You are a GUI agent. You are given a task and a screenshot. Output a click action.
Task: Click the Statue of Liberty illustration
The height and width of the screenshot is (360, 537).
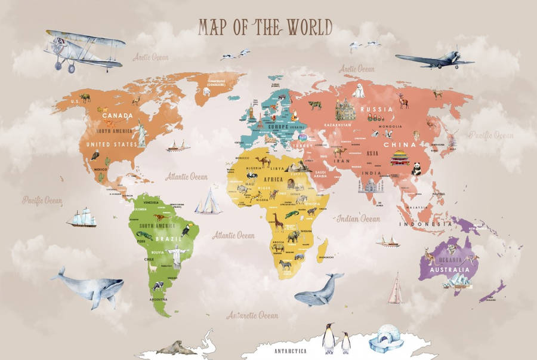[x=141, y=134]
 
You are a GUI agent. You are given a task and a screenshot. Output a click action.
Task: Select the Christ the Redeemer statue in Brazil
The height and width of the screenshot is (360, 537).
[x=177, y=256]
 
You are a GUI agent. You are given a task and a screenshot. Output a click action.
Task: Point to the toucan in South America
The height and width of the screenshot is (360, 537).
[x=186, y=229]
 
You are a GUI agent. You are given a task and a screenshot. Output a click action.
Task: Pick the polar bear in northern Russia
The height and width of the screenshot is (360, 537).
[x=359, y=91]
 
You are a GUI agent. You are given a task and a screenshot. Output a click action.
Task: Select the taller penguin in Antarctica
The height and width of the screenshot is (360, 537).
[x=328, y=339]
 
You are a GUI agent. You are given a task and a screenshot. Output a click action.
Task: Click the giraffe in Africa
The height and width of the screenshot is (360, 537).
[x=279, y=221]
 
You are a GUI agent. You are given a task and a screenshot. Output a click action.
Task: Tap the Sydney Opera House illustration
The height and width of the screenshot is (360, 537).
[x=458, y=280]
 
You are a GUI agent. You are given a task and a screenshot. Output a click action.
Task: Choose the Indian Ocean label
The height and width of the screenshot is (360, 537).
[x=358, y=219]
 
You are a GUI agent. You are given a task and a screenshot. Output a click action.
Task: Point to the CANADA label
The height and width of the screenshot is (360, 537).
[x=118, y=115]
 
